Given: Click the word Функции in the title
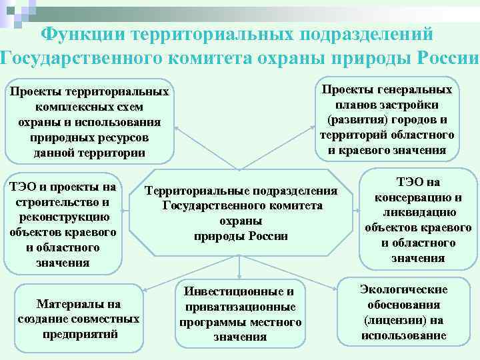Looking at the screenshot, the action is click(84, 34).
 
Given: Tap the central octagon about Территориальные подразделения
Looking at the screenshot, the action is click(241, 213).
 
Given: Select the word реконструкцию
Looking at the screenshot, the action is click(63, 217).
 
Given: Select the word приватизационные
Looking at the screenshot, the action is click(240, 307).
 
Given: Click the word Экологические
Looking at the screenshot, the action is click(403, 289).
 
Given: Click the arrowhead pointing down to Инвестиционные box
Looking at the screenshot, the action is click(240, 273).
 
